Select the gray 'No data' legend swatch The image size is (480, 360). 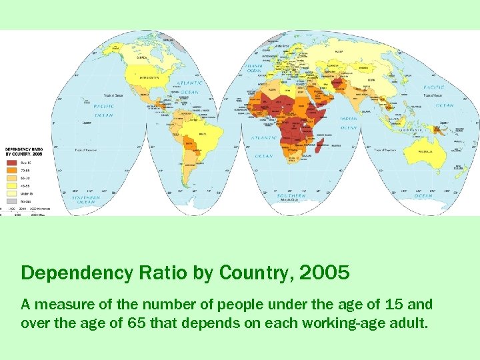[x=11, y=199]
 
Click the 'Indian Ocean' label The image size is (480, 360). [x=349, y=123]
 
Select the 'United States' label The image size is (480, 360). [x=149, y=77]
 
